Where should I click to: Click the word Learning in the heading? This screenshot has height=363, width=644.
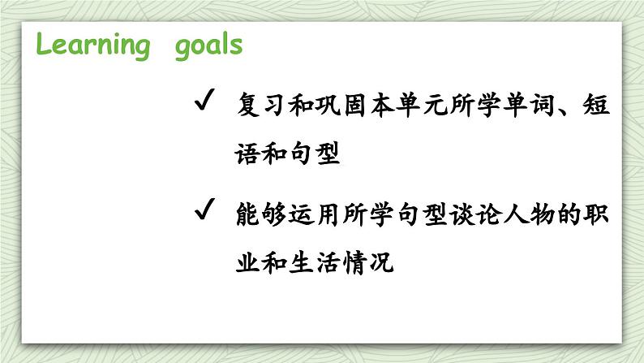(x=93, y=45)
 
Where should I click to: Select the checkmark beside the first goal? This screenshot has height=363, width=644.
(x=204, y=100)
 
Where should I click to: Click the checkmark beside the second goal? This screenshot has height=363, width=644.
(x=204, y=209)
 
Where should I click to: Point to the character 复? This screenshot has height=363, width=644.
(x=248, y=105)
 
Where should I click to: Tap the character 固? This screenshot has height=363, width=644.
(x=355, y=105)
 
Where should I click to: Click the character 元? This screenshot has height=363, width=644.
(x=436, y=105)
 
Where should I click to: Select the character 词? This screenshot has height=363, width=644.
(x=542, y=105)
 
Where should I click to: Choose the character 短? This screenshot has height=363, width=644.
(x=595, y=105)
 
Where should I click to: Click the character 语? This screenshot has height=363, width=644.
(x=247, y=153)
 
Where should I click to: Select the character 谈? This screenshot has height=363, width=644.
(x=462, y=214)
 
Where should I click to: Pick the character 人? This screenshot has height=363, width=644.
(x=516, y=214)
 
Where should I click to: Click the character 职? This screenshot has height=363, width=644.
(x=596, y=214)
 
